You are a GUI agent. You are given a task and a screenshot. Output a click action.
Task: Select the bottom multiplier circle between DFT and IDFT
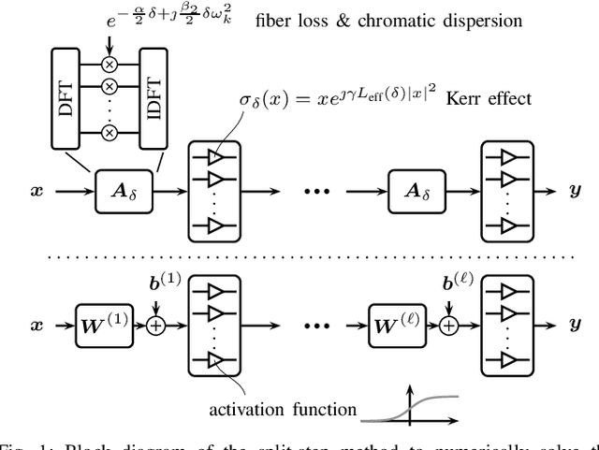[110, 134]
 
